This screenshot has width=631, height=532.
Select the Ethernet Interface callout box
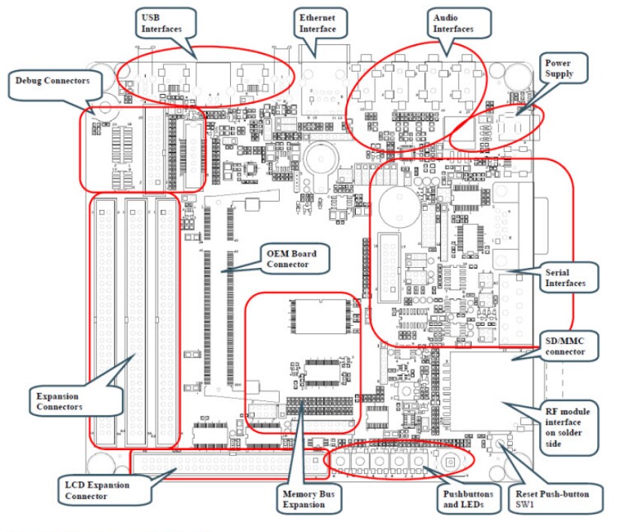point(318,23)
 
